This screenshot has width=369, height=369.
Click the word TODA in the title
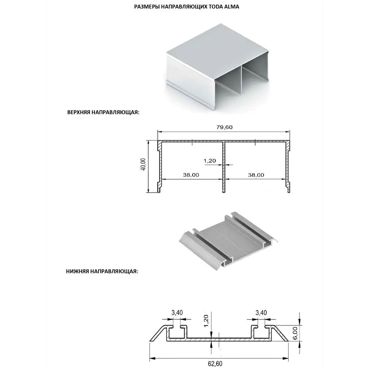[x=216, y=7]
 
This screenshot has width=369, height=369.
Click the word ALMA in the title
[x=232, y=7]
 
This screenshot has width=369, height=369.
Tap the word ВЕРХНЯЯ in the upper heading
[x=79, y=112]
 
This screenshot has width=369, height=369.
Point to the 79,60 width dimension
[x=224, y=127]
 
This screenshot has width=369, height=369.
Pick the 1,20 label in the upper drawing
[x=210, y=161]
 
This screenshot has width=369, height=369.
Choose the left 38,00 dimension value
[x=191, y=175]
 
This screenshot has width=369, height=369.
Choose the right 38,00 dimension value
[x=256, y=175]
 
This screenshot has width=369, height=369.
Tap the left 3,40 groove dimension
[x=177, y=313]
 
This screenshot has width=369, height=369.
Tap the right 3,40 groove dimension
[x=261, y=313]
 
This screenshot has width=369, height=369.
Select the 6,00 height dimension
[x=295, y=333]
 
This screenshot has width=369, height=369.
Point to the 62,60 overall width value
[x=215, y=364]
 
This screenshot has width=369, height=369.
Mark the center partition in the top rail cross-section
[x=224, y=167]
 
